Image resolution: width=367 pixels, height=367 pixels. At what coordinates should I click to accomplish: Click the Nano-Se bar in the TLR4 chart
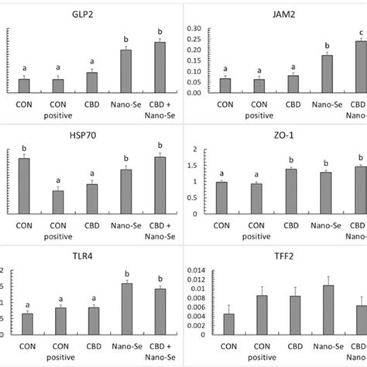click(125, 309)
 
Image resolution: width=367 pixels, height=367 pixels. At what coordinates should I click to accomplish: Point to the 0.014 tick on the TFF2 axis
click(196, 270)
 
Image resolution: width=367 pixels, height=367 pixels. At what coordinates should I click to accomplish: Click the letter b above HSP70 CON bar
click(24, 148)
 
